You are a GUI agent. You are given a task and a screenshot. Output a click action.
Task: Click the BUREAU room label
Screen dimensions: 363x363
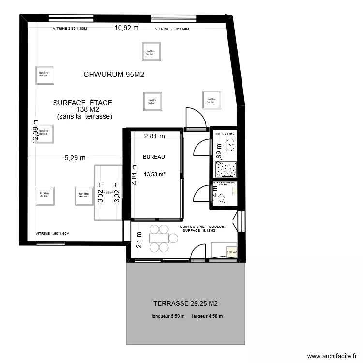[154, 157]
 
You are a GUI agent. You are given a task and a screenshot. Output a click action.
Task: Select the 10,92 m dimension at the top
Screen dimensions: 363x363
[126, 28]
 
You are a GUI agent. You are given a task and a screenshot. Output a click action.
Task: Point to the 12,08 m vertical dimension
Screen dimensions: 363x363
[35, 132]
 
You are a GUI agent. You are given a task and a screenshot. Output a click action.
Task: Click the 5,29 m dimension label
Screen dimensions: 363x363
[75, 157]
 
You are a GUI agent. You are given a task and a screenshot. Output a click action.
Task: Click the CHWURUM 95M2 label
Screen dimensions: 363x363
[114, 75]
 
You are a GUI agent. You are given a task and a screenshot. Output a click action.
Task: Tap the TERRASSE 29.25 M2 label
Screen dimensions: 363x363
[185, 304]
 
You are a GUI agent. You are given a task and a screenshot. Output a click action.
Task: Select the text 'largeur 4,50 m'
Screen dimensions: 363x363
[207, 317]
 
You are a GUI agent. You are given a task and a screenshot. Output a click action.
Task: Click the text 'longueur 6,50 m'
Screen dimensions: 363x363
[168, 317]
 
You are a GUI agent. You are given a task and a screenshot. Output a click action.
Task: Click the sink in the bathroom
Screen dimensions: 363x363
[231, 144]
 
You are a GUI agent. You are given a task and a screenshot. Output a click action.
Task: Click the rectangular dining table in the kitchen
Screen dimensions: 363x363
[159, 238]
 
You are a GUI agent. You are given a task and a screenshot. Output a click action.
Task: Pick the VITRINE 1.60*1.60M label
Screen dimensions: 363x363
[53, 234]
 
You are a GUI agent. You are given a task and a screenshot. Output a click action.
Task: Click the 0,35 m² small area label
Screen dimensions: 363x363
[232, 252]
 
